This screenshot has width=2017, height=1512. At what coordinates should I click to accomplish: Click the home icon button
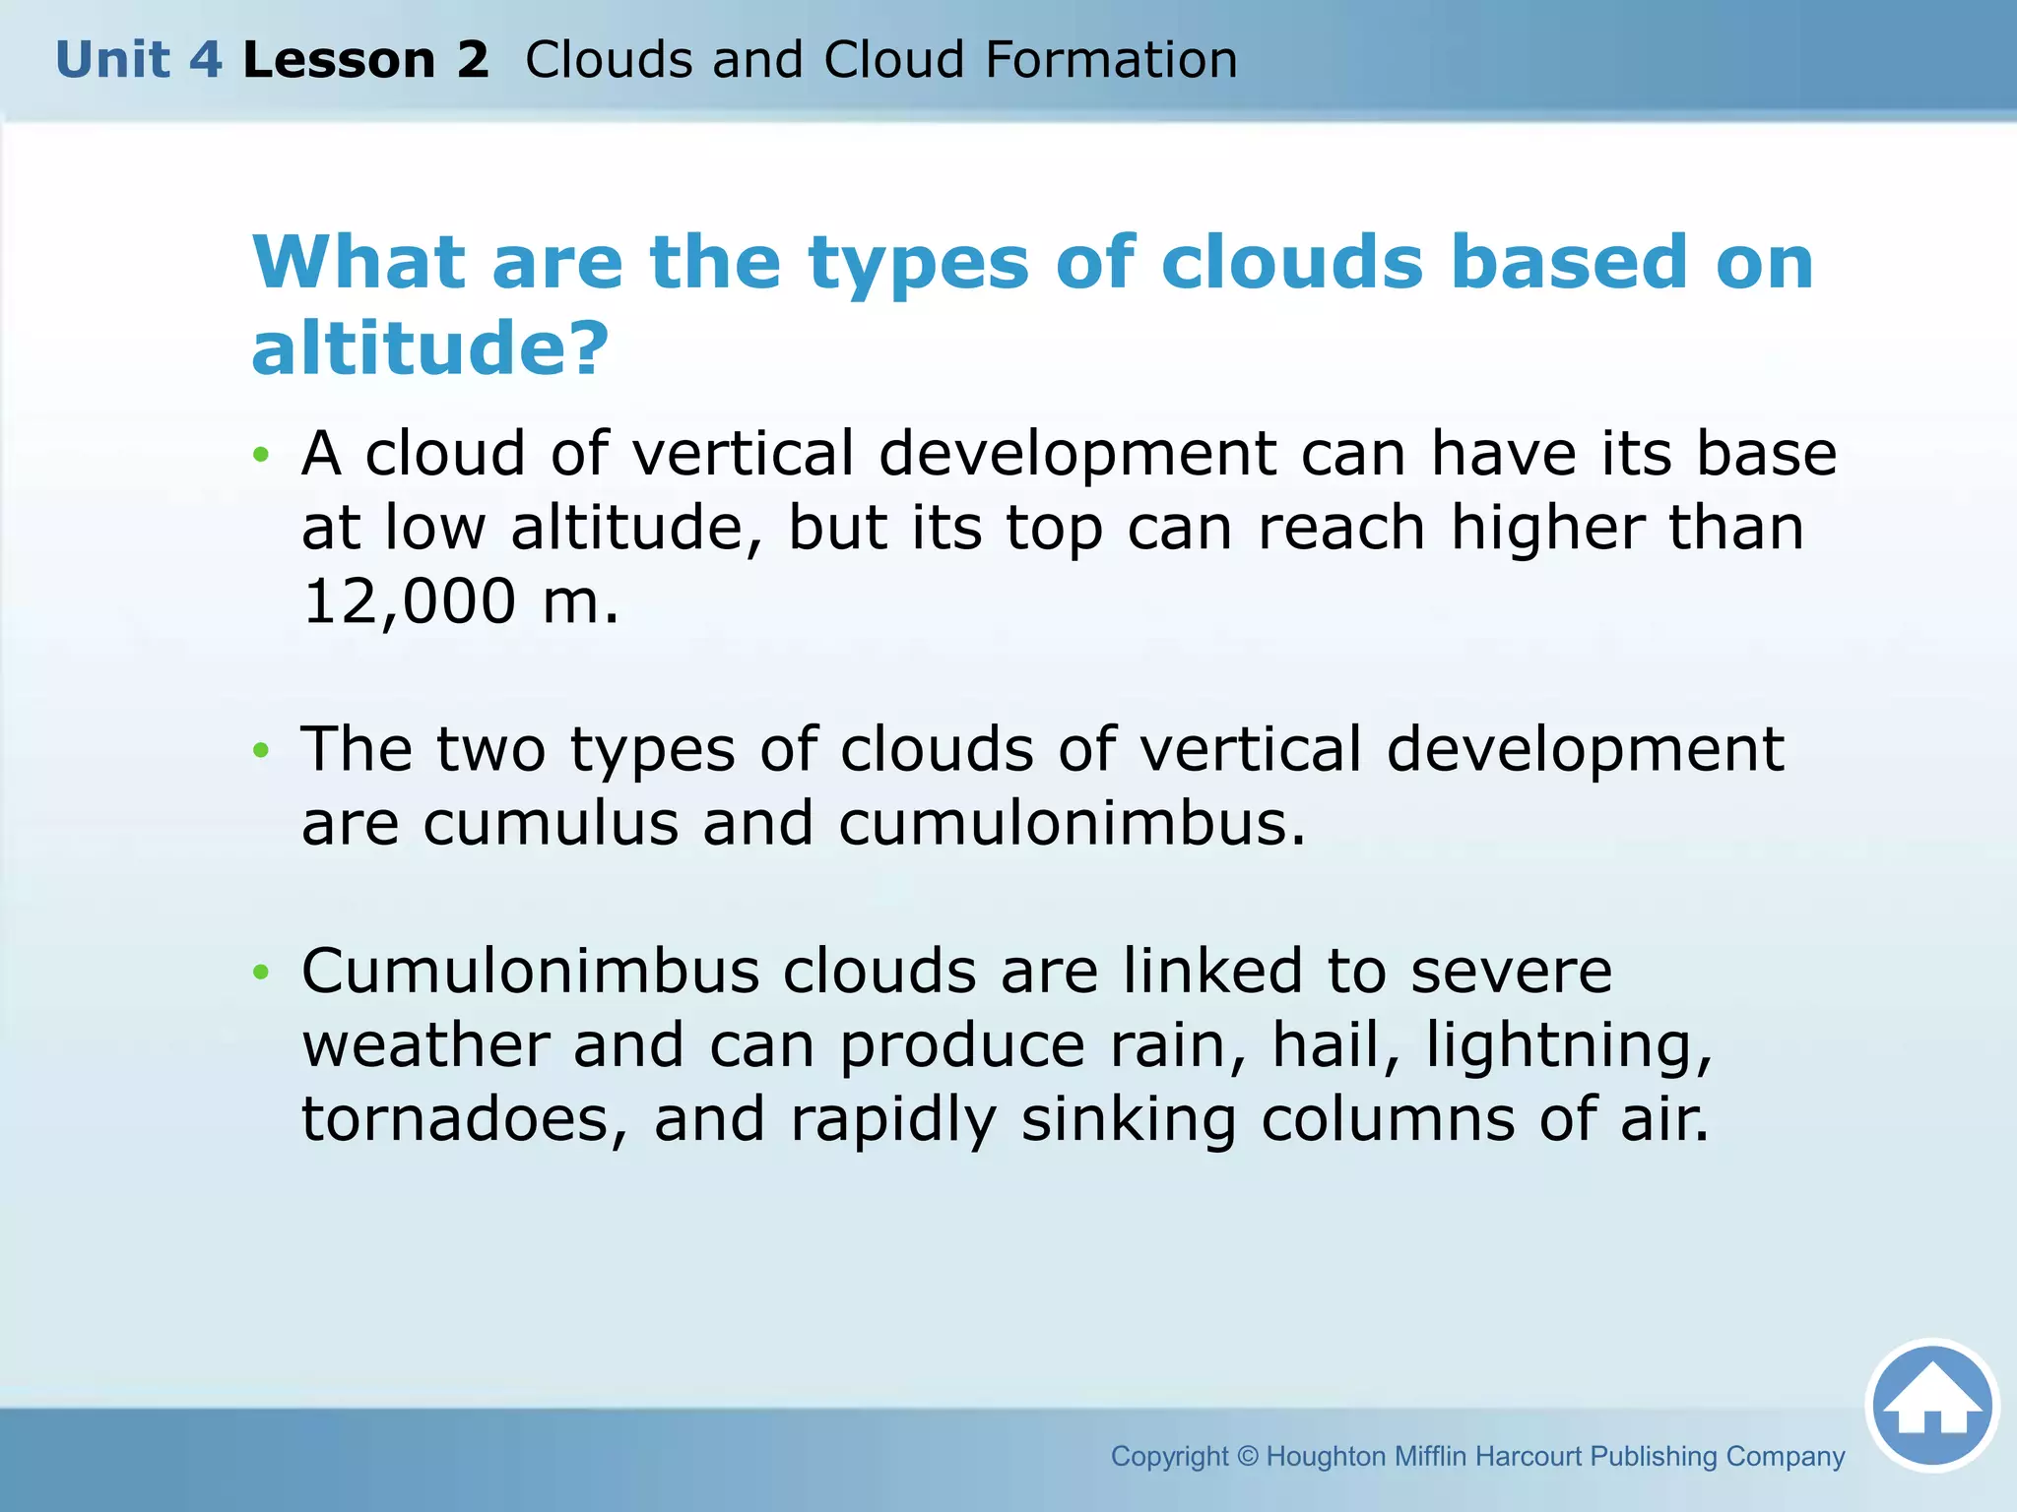click(1932, 1406)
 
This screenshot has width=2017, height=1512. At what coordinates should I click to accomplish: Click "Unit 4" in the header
click(139, 60)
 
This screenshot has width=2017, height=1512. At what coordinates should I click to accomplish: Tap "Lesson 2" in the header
click(365, 60)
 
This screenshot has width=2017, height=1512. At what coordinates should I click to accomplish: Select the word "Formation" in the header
click(1111, 60)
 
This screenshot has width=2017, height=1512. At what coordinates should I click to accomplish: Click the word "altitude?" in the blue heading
click(430, 347)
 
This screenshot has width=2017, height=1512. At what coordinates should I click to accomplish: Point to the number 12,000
click(409, 601)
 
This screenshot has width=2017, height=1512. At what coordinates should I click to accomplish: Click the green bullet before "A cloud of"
click(260, 455)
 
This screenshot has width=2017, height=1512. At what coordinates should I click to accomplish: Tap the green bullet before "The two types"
click(260, 750)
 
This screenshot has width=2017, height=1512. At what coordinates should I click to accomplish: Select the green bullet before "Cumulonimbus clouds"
click(260, 973)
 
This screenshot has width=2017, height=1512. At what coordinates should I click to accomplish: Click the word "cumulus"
click(551, 824)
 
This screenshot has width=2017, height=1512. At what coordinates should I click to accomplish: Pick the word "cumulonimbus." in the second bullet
click(1072, 824)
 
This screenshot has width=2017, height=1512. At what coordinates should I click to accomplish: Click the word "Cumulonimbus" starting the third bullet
click(530, 972)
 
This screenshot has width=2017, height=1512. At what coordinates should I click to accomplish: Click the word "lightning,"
click(1569, 1045)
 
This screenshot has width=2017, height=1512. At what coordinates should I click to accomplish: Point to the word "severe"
click(1511, 972)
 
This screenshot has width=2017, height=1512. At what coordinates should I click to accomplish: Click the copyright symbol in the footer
click(1248, 1457)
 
